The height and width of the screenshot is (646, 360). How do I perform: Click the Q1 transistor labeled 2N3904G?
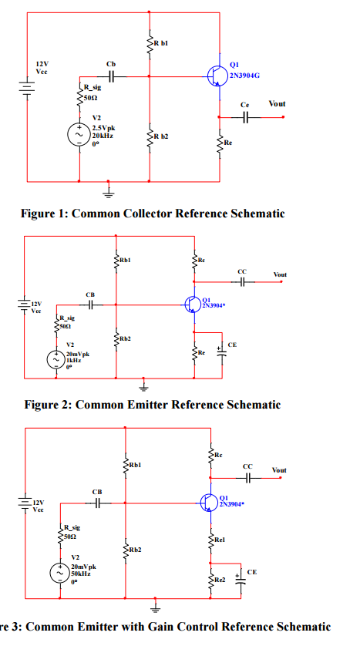(216, 74)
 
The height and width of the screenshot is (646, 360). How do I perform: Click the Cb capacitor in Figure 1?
(112, 76)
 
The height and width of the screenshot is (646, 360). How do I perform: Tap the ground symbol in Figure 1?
(109, 187)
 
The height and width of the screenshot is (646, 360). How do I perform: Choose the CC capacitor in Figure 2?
(242, 283)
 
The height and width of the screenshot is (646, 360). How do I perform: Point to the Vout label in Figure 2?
(280, 274)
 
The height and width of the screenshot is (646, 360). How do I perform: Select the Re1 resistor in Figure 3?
(210, 539)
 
